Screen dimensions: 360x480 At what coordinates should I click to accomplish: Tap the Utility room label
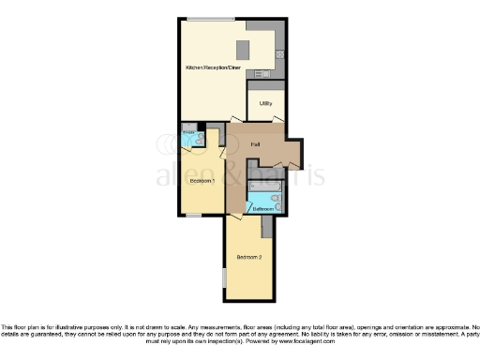point(265,104)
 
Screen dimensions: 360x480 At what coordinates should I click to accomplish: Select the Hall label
point(255,143)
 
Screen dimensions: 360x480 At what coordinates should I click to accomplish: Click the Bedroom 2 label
point(248,257)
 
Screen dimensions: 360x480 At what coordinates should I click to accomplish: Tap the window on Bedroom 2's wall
point(223,278)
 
